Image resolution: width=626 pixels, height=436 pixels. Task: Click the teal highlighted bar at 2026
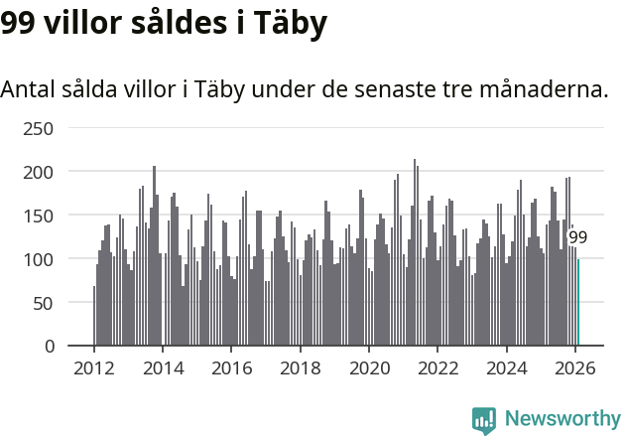coord(578,303)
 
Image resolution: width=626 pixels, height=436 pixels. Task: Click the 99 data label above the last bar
coord(577,237)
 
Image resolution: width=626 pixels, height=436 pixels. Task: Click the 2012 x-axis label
coord(94,368)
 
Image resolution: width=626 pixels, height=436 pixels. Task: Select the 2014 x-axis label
coord(163,368)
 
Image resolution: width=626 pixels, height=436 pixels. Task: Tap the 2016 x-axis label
coord(231,368)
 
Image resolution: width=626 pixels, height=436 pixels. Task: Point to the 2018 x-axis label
coord(300,368)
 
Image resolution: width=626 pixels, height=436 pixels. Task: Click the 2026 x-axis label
coord(574,368)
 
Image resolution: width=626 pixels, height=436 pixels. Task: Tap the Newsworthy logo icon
coord(484,420)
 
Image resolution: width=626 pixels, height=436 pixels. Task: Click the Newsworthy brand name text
coord(562,419)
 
